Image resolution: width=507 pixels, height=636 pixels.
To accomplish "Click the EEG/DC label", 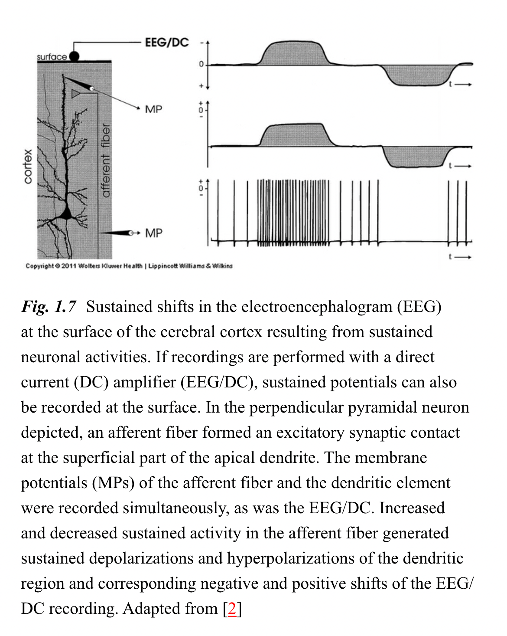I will [x=167, y=43].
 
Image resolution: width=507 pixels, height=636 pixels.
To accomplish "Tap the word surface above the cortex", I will [x=52, y=57].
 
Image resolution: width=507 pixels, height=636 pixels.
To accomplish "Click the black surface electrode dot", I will [x=75, y=56].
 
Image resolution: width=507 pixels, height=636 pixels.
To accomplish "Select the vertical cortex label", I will [x=28, y=166].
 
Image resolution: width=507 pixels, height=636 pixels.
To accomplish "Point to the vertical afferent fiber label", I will [x=105, y=161].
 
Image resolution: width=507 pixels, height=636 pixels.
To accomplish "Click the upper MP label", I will [x=153, y=109].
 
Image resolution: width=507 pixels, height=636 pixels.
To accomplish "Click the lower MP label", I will [x=153, y=233].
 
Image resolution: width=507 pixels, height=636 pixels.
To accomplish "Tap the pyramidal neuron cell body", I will [x=66, y=213].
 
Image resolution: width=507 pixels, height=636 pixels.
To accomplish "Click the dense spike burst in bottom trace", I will [x=293, y=213].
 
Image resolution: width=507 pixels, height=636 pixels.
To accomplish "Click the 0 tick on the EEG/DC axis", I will [x=201, y=64].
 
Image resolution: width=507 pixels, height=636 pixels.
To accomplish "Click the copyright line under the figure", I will [x=129, y=266].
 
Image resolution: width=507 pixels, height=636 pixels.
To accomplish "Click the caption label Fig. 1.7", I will [x=49, y=307].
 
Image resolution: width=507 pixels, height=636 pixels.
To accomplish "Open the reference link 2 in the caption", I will [x=232, y=609].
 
